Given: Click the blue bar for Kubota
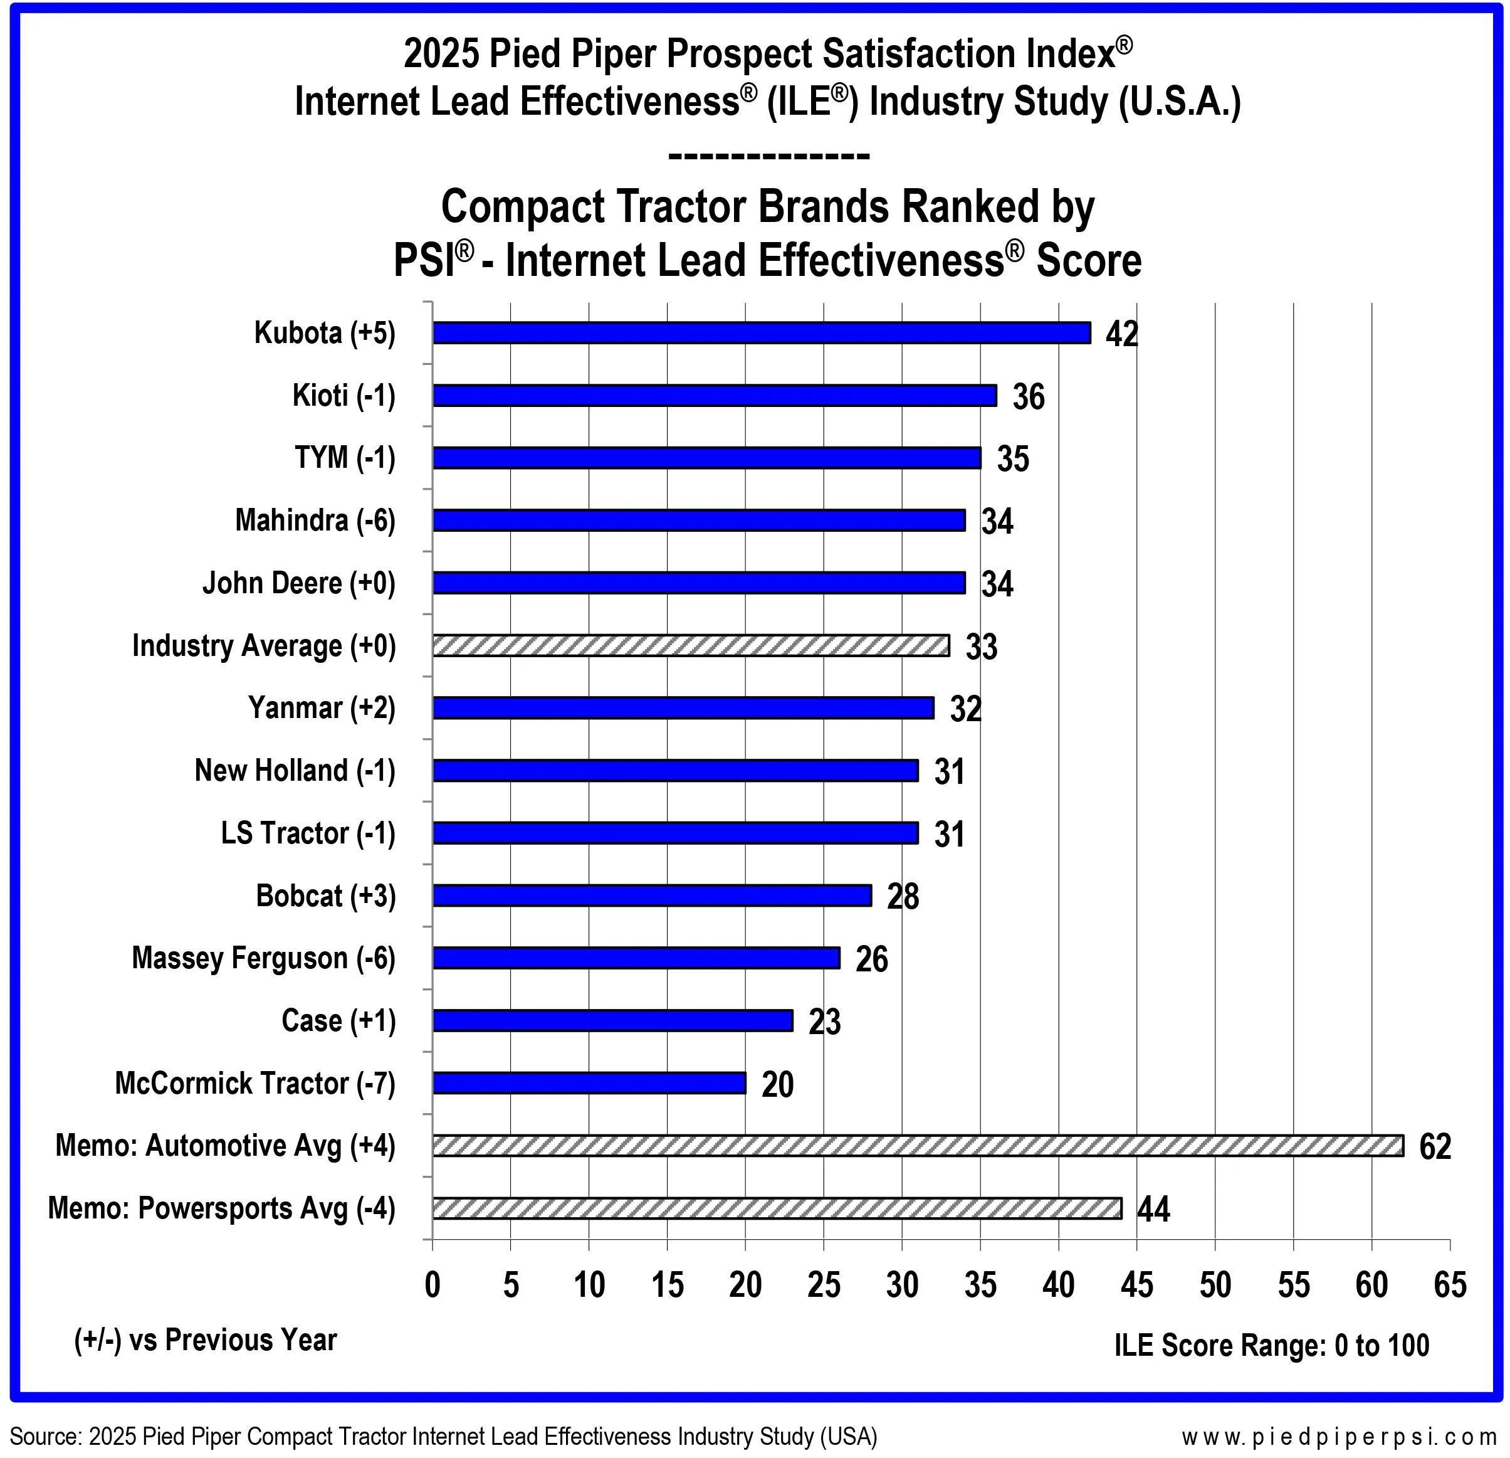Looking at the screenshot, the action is click(x=761, y=332).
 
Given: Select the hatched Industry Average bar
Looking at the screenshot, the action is click(x=691, y=645).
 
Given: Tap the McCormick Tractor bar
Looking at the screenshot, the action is click(x=589, y=1083).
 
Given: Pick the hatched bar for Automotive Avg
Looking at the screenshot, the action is click(x=918, y=1145).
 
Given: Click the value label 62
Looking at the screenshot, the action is click(x=1435, y=1147).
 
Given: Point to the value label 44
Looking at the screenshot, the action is click(x=1153, y=1209).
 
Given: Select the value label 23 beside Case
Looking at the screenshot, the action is click(x=824, y=1022).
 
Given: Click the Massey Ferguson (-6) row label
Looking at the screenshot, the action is click(x=263, y=959).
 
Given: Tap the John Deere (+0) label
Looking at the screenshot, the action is click(x=299, y=583).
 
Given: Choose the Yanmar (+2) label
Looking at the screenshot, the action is click(x=322, y=708).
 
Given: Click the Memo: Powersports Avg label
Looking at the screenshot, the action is click(x=222, y=1208).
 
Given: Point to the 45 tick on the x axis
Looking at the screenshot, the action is click(x=1137, y=1285).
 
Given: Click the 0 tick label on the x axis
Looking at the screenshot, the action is click(x=433, y=1285).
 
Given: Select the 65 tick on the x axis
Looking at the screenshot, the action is click(x=1450, y=1285).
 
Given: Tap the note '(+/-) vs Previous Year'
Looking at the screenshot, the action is click(x=206, y=1340).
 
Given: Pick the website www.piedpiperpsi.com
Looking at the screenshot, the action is click(x=1340, y=1437).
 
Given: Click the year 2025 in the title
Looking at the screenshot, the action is click(x=438, y=54).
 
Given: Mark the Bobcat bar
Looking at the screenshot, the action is click(x=652, y=895).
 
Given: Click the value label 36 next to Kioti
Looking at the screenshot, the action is click(x=1029, y=397).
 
